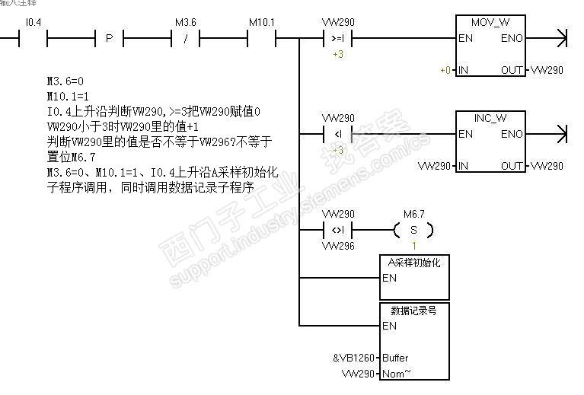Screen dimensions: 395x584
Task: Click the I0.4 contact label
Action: click(34, 22)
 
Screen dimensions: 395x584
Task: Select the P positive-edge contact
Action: click(109, 37)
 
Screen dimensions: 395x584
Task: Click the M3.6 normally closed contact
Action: click(186, 37)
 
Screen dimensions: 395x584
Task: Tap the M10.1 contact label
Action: click(262, 22)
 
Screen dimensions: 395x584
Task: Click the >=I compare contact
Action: click(338, 37)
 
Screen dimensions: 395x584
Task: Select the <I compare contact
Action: click(338, 134)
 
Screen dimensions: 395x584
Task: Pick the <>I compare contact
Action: click(338, 230)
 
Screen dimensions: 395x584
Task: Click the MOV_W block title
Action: click(490, 22)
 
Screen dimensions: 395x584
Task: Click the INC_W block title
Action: click(490, 118)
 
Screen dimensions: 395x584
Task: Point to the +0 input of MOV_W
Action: click(445, 70)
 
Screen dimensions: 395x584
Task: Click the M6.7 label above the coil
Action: click(414, 215)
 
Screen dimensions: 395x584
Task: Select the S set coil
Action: click(414, 230)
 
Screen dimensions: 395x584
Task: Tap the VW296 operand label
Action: click(338, 246)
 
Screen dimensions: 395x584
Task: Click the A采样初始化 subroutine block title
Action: click(414, 263)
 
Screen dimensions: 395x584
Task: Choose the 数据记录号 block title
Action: click(414, 311)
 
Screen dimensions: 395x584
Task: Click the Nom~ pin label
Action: click(397, 374)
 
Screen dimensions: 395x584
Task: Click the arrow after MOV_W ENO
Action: click(562, 37)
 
